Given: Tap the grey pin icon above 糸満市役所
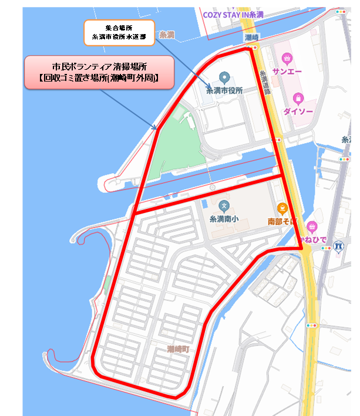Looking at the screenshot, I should coord(223,77).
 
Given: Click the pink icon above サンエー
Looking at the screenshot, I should coord(287,58).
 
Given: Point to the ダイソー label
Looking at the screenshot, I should coord(298,110).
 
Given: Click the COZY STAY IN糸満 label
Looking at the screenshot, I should coord(233,14).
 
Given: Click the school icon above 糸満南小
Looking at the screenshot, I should coord(224,207).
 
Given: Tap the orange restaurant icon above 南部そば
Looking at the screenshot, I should coord(282,208).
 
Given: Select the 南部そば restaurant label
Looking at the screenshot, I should coord(282,222).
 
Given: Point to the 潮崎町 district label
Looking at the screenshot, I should coord(177,349).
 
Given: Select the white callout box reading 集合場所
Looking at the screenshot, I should coord(119,32).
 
